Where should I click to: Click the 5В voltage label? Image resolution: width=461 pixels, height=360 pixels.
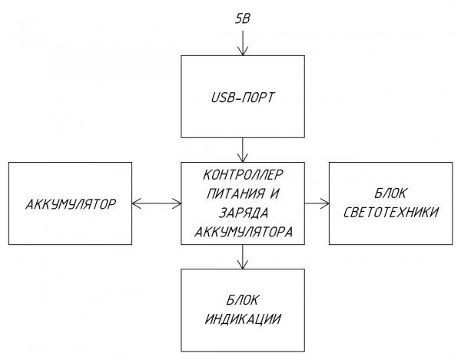pyautogui.click(x=243, y=16)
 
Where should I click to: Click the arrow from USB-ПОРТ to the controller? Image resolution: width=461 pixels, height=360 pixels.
pyautogui.click(x=243, y=148)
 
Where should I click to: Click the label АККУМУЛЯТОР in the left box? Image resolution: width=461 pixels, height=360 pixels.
pyautogui.click(x=70, y=204)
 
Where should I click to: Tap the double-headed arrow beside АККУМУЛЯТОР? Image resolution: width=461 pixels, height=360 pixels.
pyautogui.click(x=156, y=203)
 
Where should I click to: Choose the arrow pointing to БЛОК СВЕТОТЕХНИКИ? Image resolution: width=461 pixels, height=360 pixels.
pyautogui.click(x=317, y=203)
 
